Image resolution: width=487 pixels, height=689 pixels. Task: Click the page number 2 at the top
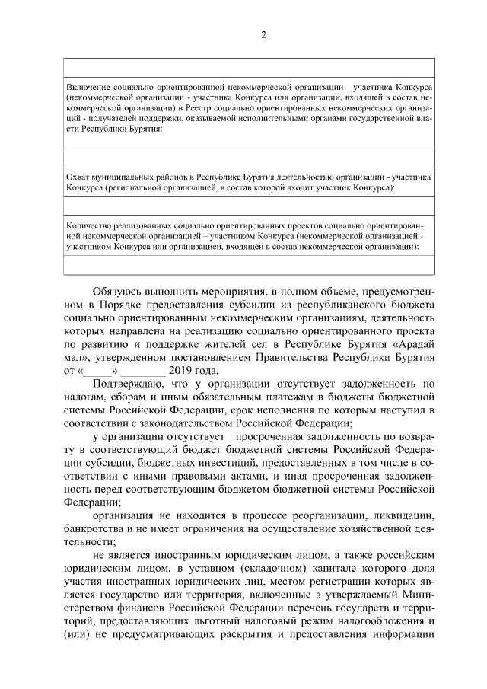(263, 35)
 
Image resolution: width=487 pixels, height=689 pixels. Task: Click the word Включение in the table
(88, 90)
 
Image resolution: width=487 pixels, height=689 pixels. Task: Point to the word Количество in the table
(90, 226)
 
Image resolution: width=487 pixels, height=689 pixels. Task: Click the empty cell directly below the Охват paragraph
(249, 206)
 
